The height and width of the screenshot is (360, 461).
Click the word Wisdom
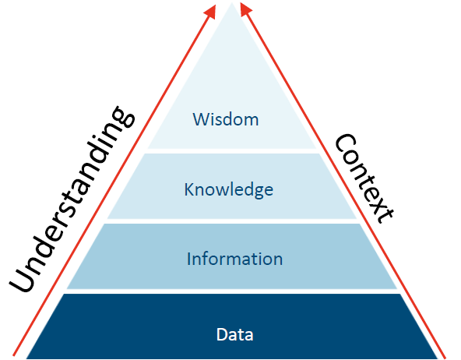226,119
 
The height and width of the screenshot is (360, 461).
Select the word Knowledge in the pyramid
228,189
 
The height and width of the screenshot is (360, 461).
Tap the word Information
234,259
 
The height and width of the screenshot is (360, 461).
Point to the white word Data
234,334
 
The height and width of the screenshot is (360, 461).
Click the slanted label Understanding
72,199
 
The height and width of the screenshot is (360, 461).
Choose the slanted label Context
364,178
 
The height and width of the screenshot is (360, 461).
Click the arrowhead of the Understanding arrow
210,12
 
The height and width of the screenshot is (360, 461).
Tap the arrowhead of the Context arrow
246,9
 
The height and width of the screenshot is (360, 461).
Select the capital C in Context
346,143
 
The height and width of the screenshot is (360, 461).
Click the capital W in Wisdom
201,119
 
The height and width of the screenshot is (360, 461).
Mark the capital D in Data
222,334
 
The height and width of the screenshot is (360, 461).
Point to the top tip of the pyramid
232,3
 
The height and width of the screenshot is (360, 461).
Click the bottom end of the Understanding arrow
14,355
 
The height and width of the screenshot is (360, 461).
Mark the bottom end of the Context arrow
445,357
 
